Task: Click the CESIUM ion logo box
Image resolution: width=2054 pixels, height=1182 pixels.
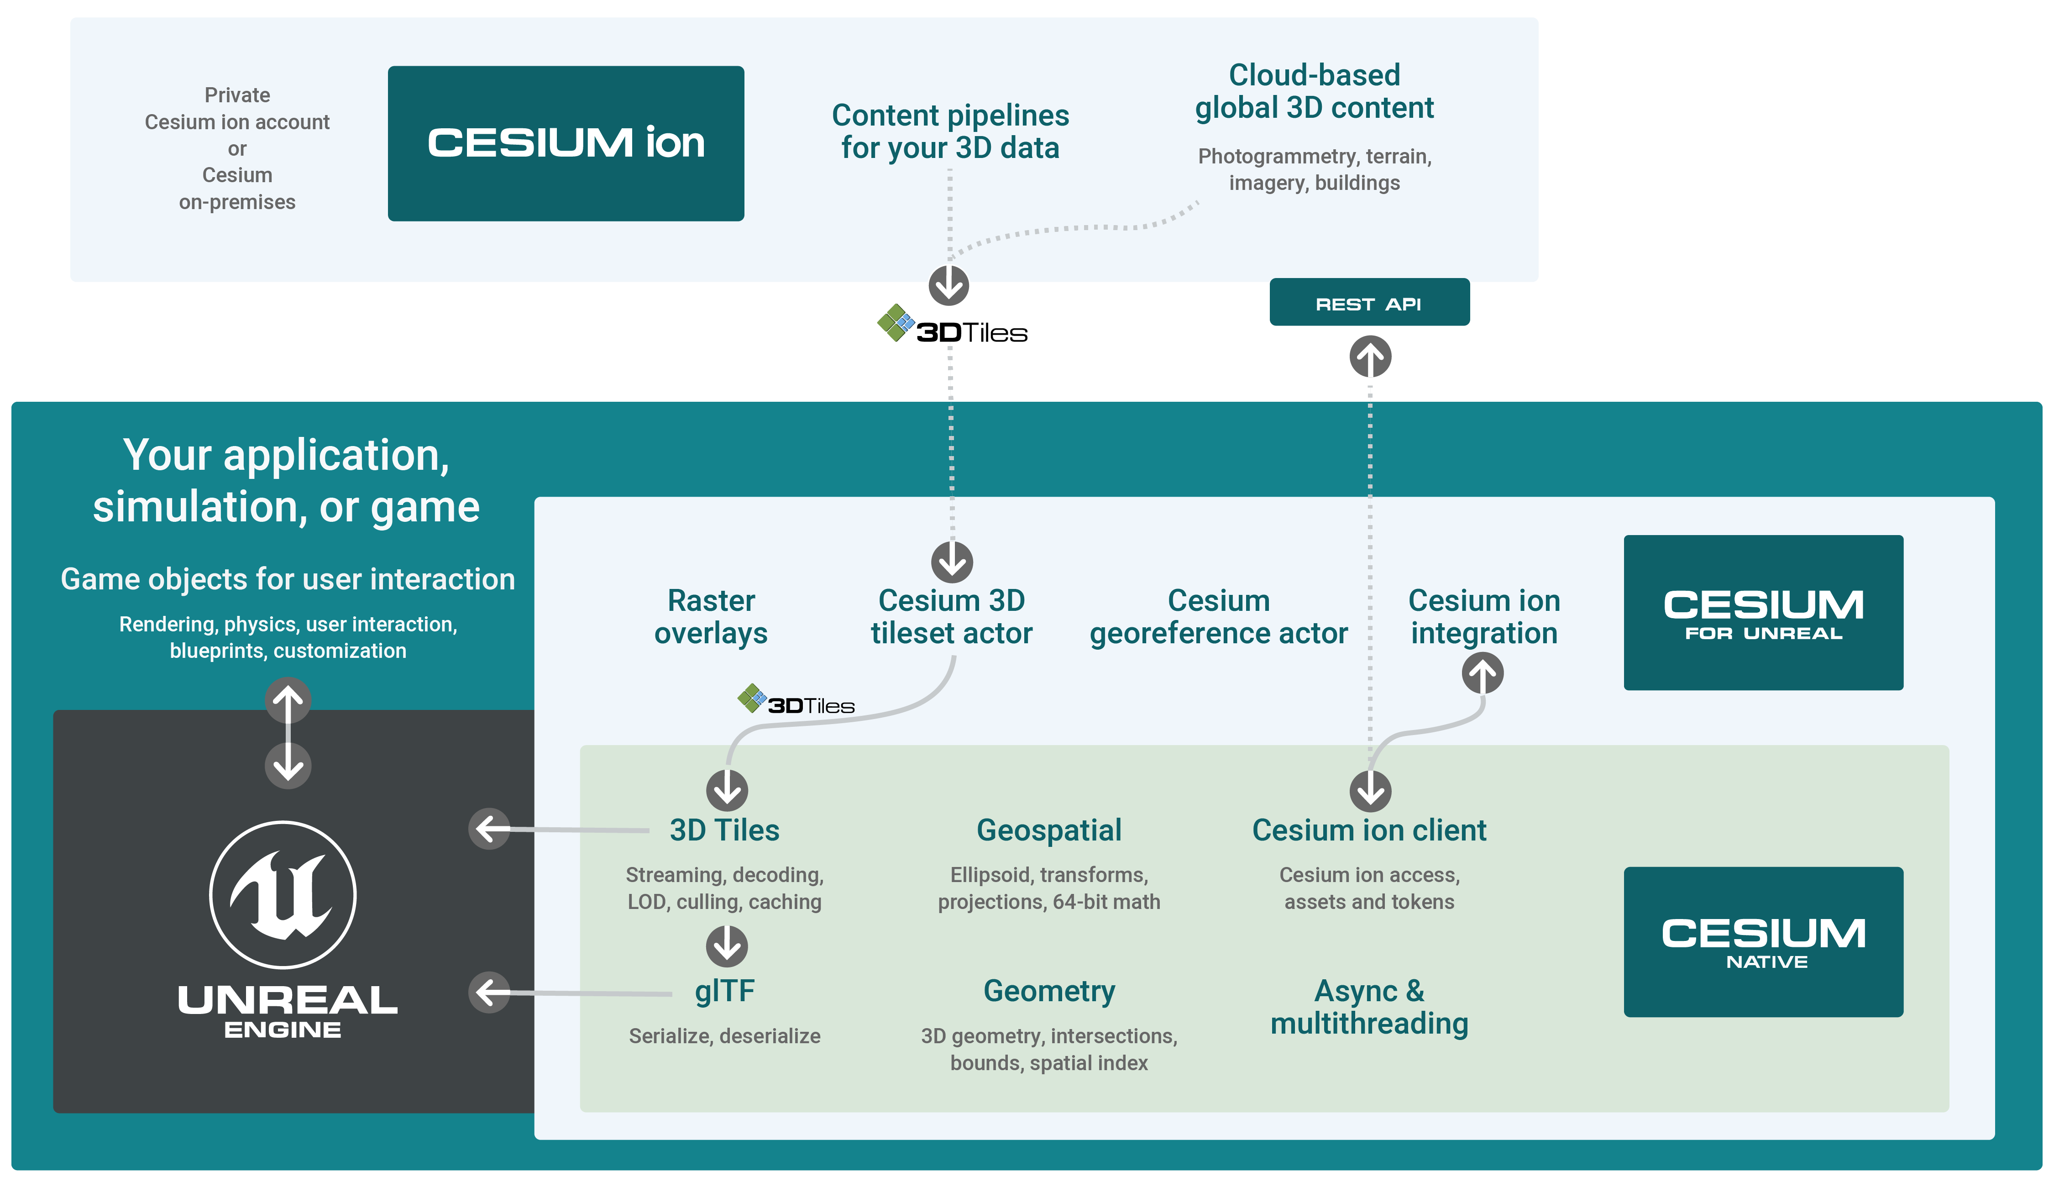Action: (x=566, y=144)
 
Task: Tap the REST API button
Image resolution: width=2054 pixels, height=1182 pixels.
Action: (x=1368, y=303)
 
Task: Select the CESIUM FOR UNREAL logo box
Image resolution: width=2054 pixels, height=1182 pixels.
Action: (x=1763, y=613)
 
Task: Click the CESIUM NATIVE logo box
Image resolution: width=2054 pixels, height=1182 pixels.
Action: (x=1763, y=942)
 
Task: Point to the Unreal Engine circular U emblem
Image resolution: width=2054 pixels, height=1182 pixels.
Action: (x=283, y=895)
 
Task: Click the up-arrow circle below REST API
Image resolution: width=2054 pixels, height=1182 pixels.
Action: (x=1370, y=357)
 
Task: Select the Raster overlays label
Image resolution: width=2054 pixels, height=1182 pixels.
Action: (x=711, y=617)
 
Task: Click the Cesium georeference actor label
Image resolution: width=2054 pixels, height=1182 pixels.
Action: (x=1218, y=617)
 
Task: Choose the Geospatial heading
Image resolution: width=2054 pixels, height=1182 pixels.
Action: (x=1048, y=830)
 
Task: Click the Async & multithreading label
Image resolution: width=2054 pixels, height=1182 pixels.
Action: (x=1369, y=1008)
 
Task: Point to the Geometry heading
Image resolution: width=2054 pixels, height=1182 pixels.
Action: (x=1048, y=991)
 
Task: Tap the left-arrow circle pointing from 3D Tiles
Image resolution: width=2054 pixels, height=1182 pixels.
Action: (x=489, y=829)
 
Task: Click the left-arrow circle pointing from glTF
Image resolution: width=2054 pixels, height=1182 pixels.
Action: (x=489, y=992)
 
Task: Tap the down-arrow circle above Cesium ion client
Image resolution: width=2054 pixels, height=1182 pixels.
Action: (x=1370, y=791)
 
